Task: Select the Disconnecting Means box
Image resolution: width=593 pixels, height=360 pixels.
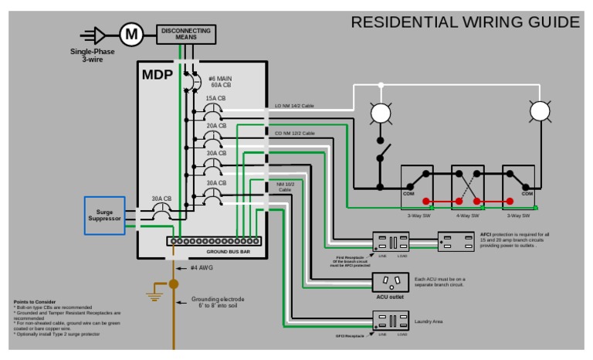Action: point(186,33)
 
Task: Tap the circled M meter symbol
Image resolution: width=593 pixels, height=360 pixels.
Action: point(131,33)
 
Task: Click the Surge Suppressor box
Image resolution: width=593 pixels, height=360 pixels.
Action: point(104,214)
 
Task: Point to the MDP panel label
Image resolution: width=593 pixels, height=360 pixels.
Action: point(157,76)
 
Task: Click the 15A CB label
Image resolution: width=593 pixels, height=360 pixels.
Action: point(215,98)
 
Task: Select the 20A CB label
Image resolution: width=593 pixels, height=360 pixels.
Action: point(215,125)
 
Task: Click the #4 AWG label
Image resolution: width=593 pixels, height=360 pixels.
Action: point(201,267)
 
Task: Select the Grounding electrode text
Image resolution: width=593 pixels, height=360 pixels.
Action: point(218,301)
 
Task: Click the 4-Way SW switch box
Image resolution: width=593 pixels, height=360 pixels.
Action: point(467,185)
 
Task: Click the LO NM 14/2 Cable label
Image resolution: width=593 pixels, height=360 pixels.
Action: point(294,106)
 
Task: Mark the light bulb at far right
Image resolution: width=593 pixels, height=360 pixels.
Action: point(540,113)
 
